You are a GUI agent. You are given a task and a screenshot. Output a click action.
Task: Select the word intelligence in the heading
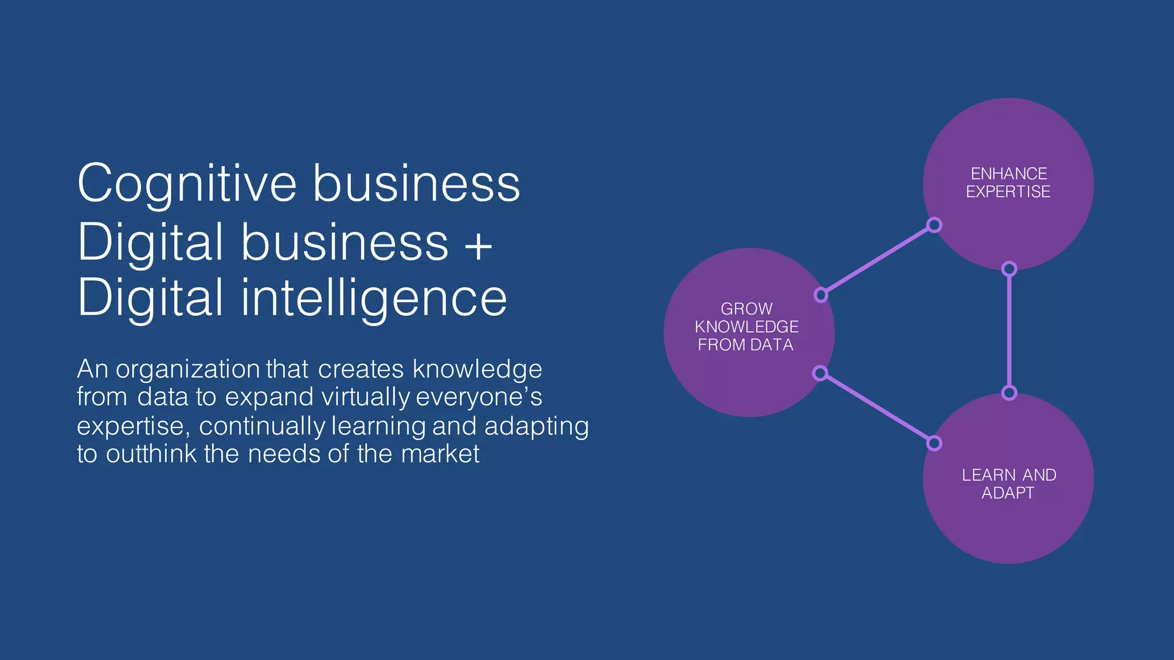[x=373, y=298]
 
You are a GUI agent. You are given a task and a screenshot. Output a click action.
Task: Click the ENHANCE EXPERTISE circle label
[x=1008, y=183]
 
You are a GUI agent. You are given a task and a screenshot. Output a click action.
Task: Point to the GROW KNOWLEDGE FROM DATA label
[x=746, y=327]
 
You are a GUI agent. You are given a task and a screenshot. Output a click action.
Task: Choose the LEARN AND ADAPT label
[x=1008, y=484]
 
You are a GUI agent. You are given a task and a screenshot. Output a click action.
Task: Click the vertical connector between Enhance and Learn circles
[x=1009, y=331]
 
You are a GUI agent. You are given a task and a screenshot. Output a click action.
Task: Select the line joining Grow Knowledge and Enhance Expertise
[x=878, y=260]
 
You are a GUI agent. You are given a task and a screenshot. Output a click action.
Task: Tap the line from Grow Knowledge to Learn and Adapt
[x=878, y=408]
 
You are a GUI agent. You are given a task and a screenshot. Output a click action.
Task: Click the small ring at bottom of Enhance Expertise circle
[x=1009, y=269]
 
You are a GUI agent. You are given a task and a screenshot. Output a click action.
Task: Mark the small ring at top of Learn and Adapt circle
[x=1009, y=393]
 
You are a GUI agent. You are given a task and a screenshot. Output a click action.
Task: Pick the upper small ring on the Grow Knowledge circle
[x=821, y=295]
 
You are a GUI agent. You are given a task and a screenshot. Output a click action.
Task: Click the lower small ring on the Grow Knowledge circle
[x=820, y=374]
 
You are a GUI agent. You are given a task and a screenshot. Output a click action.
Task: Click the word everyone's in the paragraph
[x=479, y=397]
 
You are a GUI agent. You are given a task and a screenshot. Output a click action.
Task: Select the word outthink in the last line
[x=151, y=454]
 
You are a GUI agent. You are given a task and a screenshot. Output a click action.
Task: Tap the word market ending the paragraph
[x=440, y=454]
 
